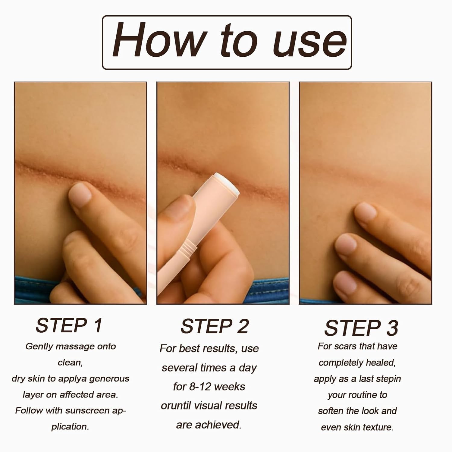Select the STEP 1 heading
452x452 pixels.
tap(69, 325)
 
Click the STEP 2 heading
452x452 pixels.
tap(215, 326)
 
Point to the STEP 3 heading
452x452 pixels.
tap(361, 328)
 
